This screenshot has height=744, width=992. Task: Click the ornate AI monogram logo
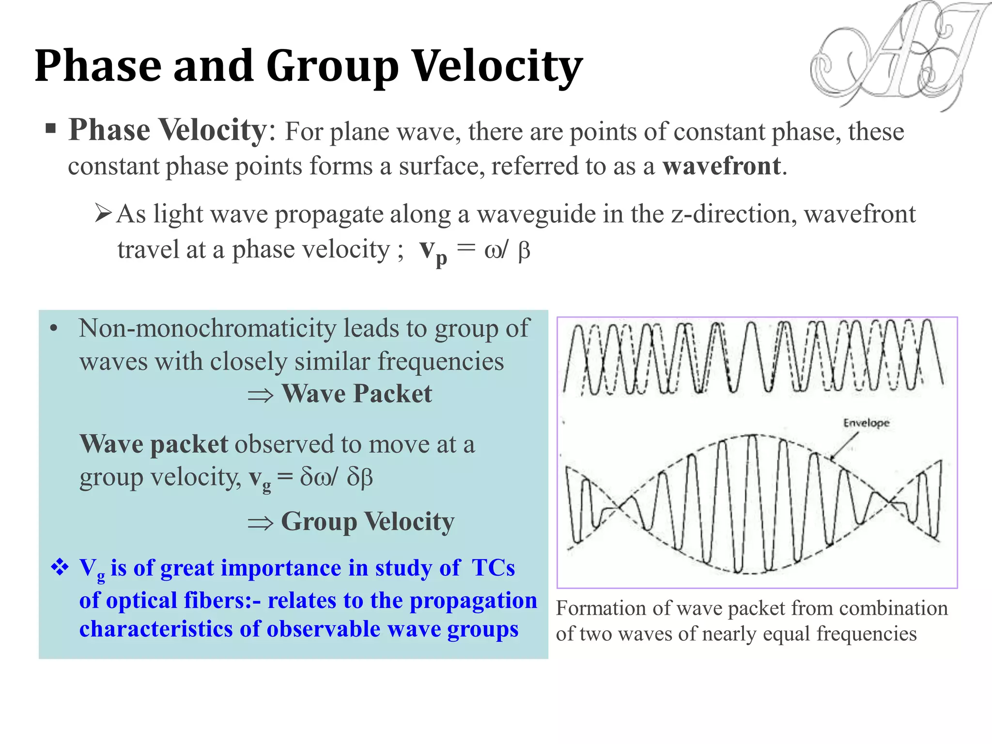896,56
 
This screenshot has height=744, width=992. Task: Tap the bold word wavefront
721,166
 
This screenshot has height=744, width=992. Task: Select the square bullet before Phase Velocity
50,129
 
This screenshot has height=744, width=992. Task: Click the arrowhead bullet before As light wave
103,213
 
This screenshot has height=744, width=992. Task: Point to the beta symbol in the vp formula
524,251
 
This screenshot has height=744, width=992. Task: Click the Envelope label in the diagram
866,423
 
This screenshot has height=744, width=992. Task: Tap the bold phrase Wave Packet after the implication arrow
356,394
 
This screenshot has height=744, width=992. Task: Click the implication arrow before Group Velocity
260,523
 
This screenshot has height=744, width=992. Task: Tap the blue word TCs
493,568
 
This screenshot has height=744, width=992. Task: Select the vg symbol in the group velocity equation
260,479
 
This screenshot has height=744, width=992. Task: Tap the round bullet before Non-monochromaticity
54,329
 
